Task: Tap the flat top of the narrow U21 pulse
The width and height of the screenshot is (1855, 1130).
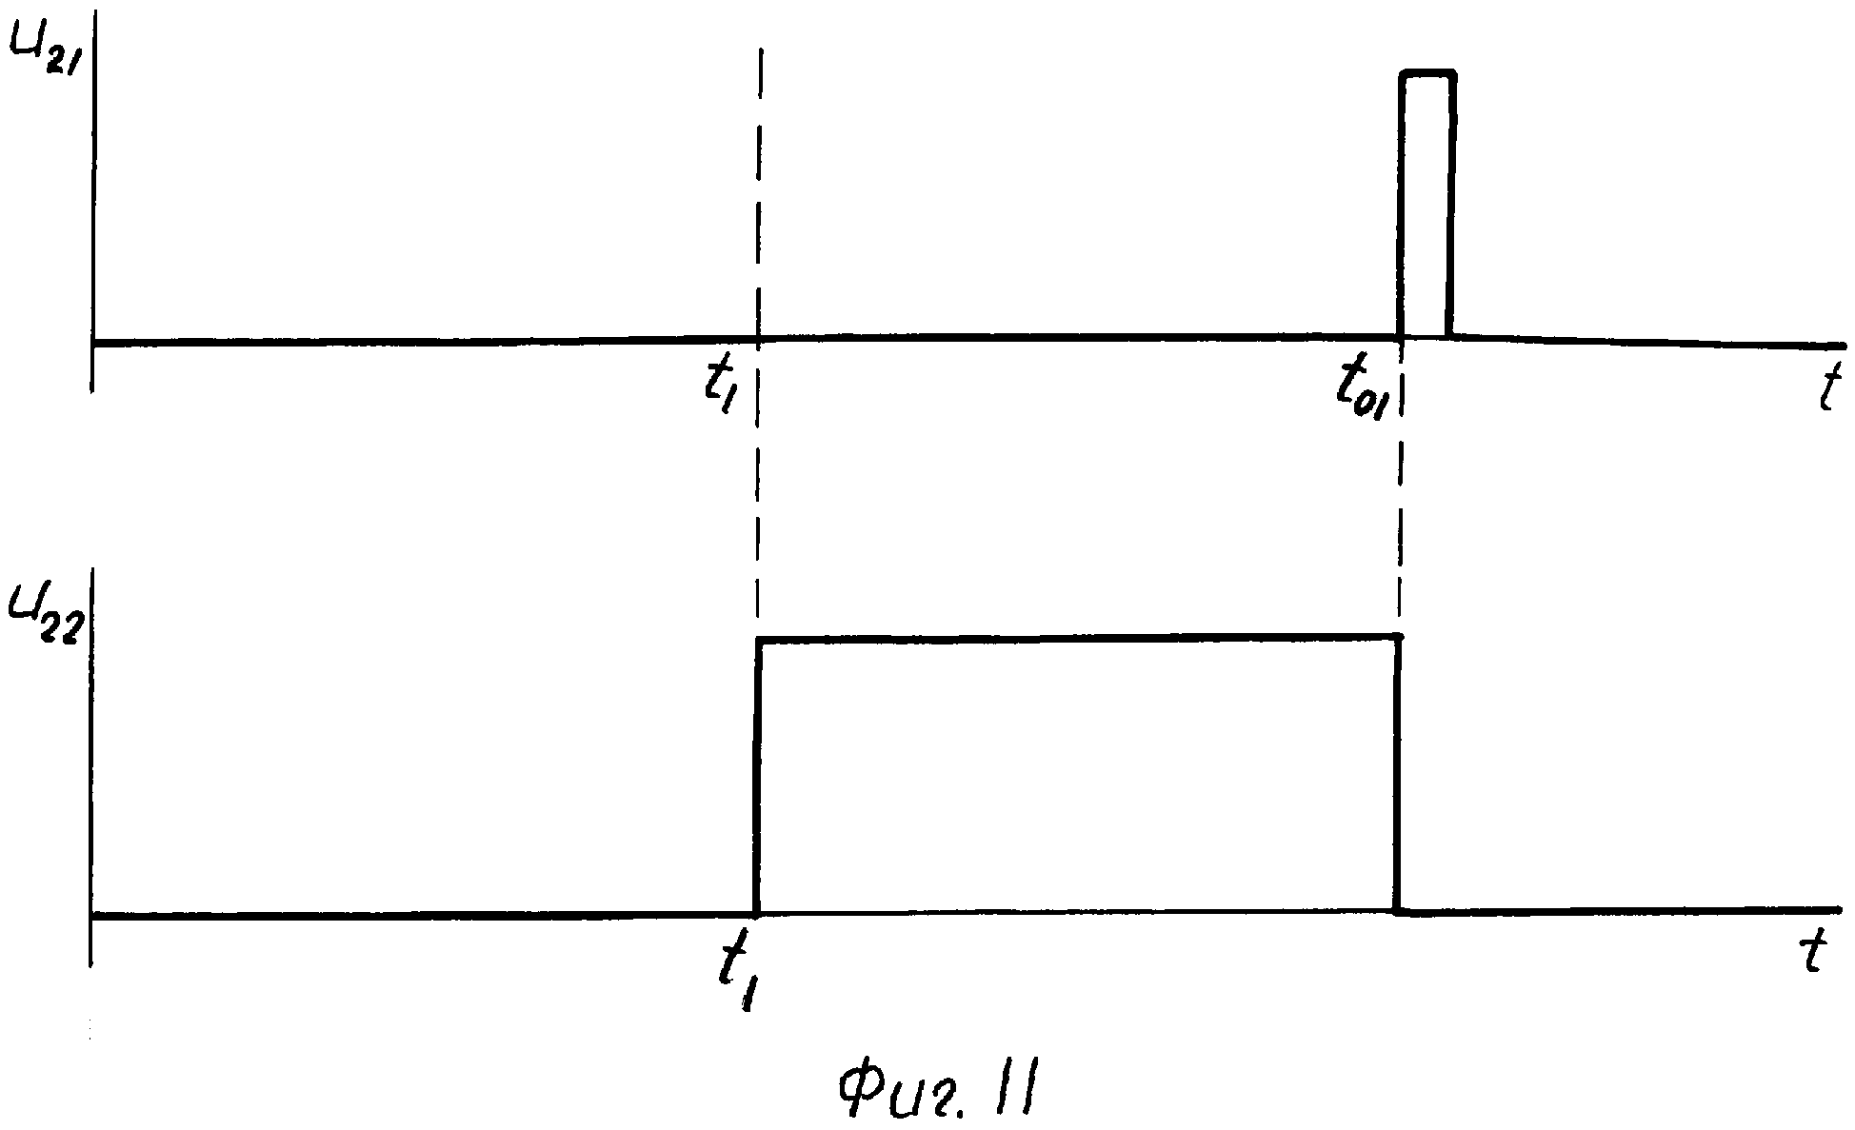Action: coord(1426,72)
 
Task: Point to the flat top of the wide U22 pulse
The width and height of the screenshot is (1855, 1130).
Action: coord(1076,638)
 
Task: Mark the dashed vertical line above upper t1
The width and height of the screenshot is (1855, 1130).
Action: coord(760,190)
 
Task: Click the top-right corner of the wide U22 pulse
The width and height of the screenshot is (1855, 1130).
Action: coord(1398,636)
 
